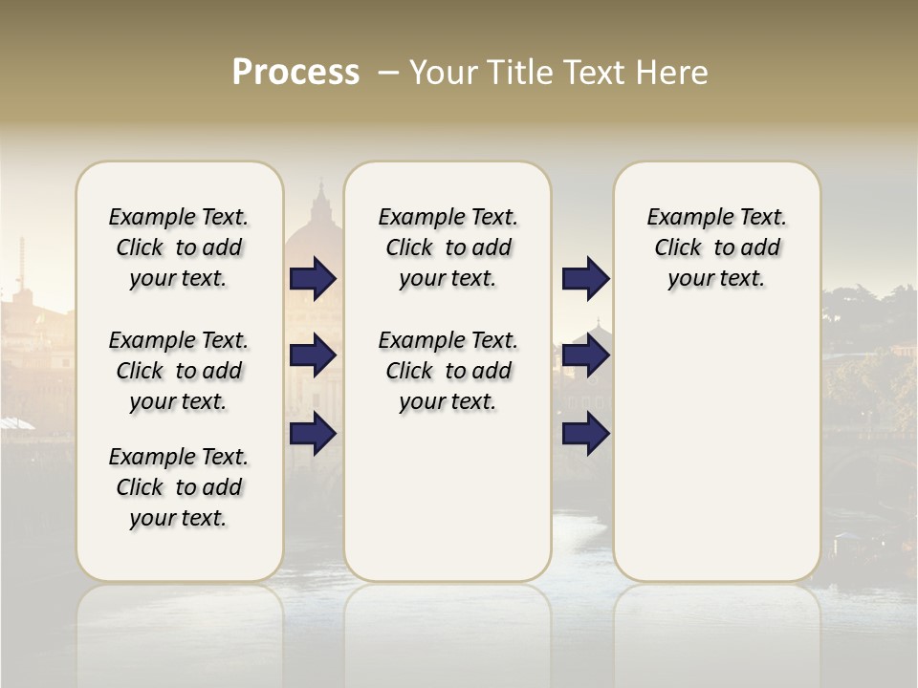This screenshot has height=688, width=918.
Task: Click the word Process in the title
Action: point(295,73)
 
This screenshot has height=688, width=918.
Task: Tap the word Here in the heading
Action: point(674,73)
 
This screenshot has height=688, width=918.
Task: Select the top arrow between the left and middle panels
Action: point(313,278)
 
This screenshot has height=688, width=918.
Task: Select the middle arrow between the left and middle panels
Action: point(313,355)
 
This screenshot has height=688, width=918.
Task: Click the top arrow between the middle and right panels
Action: point(585,278)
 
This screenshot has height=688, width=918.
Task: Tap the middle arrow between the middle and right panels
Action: point(585,355)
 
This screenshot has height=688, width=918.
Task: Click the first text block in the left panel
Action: point(179,247)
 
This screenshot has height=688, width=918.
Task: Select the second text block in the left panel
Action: point(179,371)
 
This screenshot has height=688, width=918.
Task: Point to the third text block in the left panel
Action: point(179,487)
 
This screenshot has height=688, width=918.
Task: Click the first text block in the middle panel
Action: point(448,247)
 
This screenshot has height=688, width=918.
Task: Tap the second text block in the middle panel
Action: point(448,371)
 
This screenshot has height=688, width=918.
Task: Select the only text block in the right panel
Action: point(716,247)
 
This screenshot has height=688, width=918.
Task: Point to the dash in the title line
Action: point(388,74)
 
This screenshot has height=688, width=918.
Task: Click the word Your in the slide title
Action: point(444,73)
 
